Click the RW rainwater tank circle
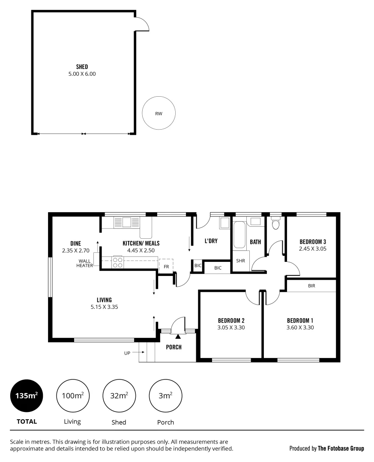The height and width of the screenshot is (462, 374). (x=159, y=114)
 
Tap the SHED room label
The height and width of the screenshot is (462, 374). (x=82, y=67)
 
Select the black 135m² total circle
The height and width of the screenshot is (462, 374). (x=27, y=396)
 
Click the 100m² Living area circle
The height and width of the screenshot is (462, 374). (x=73, y=396)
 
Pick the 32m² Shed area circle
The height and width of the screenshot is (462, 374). (x=119, y=396)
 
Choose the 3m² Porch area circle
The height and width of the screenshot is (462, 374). (x=165, y=396)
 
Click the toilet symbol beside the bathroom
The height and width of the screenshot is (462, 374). (x=276, y=224)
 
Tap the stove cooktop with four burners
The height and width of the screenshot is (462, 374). (x=118, y=262)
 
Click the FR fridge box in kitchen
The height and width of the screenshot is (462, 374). (x=166, y=266)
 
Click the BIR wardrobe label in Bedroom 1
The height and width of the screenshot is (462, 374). (x=311, y=286)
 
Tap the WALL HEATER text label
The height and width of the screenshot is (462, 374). (x=85, y=263)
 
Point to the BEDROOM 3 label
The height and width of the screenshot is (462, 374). (x=313, y=241)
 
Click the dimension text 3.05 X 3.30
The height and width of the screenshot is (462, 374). (x=231, y=328)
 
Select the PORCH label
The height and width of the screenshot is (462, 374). (x=174, y=347)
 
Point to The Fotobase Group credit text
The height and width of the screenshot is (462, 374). (x=341, y=448)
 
